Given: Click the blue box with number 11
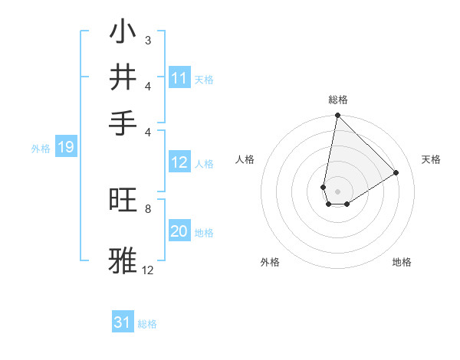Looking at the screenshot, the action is point(179,78).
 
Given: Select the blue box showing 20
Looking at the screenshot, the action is point(179,232).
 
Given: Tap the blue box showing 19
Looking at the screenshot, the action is point(65,148).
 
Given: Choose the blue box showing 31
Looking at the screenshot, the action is point(123,323).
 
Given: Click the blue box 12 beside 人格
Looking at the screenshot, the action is point(179,162).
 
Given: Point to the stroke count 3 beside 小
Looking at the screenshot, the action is point(147,40).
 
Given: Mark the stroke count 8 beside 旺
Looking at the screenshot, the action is point(147,208).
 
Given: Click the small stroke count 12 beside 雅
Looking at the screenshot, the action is point(147,270).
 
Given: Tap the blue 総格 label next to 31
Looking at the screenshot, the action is point(147,325).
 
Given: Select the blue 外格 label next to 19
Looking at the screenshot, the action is point(41,149).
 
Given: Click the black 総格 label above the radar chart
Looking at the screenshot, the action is point(337,100).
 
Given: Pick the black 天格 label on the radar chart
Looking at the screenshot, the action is point(431,159).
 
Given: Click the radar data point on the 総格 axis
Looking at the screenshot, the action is point(337,116).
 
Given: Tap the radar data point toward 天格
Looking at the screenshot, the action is point(396,173).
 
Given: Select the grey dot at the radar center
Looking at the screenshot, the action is point(337,191).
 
